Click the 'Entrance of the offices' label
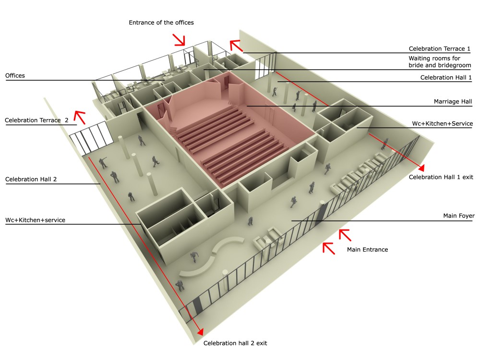161,23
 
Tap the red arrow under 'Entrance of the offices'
180,40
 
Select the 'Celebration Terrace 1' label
439,48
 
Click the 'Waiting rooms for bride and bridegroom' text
440,61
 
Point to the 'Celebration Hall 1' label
446,77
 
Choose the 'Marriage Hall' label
453,101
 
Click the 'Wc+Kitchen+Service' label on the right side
443,123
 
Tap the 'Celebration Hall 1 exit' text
441,177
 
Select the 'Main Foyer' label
459,216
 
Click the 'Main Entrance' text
367,250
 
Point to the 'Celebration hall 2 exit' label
235,343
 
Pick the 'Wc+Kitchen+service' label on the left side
35,220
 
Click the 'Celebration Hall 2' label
31,179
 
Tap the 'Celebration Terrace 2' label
36,120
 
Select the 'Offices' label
15,76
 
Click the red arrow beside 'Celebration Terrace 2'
79,117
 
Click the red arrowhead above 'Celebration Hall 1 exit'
421,168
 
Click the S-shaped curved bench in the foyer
211,256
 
